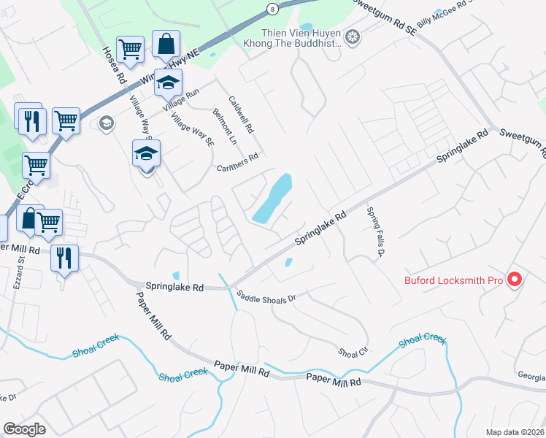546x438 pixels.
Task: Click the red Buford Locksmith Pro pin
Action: coord(515,280)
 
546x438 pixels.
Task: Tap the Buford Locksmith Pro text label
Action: coord(454,280)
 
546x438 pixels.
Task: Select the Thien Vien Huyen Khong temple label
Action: coord(302,38)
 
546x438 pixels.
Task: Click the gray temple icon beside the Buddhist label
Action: coord(353,37)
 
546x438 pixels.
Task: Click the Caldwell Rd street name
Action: coord(241,115)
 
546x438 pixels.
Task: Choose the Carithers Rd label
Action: coord(238,162)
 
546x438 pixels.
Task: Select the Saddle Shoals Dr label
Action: coord(266,297)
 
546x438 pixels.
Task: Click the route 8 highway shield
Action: coord(271,9)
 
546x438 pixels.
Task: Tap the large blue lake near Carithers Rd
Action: coord(273,199)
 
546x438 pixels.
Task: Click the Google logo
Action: coord(25,429)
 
